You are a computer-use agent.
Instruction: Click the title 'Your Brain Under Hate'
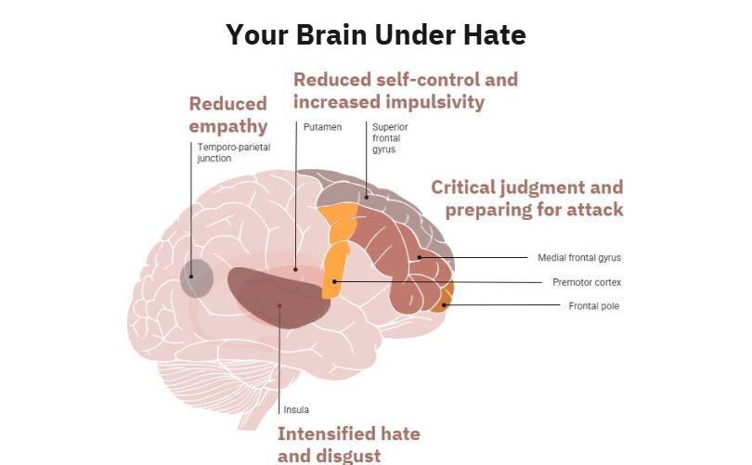pos(376,35)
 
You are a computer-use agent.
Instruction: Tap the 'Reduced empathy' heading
pos(228,115)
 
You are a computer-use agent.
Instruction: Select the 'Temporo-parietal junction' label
pos(234,152)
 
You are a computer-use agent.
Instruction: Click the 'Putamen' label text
pos(323,127)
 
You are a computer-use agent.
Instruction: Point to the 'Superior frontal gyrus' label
pos(390,138)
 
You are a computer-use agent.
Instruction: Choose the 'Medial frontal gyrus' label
pos(579,257)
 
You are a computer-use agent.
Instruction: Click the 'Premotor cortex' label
pos(587,282)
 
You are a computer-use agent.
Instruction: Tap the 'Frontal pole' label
pos(594,306)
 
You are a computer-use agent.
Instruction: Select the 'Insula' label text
pos(296,410)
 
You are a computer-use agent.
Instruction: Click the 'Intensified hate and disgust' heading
pos(349,445)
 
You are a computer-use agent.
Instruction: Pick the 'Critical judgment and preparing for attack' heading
pos(527,199)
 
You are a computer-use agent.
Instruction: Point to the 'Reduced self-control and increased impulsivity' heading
pos(406,91)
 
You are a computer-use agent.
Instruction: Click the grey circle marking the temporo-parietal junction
pos(197,278)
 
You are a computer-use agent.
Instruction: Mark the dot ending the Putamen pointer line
pos(295,269)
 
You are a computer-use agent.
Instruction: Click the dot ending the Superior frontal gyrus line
pos(367,197)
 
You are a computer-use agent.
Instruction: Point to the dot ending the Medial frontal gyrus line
pos(419,257)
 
